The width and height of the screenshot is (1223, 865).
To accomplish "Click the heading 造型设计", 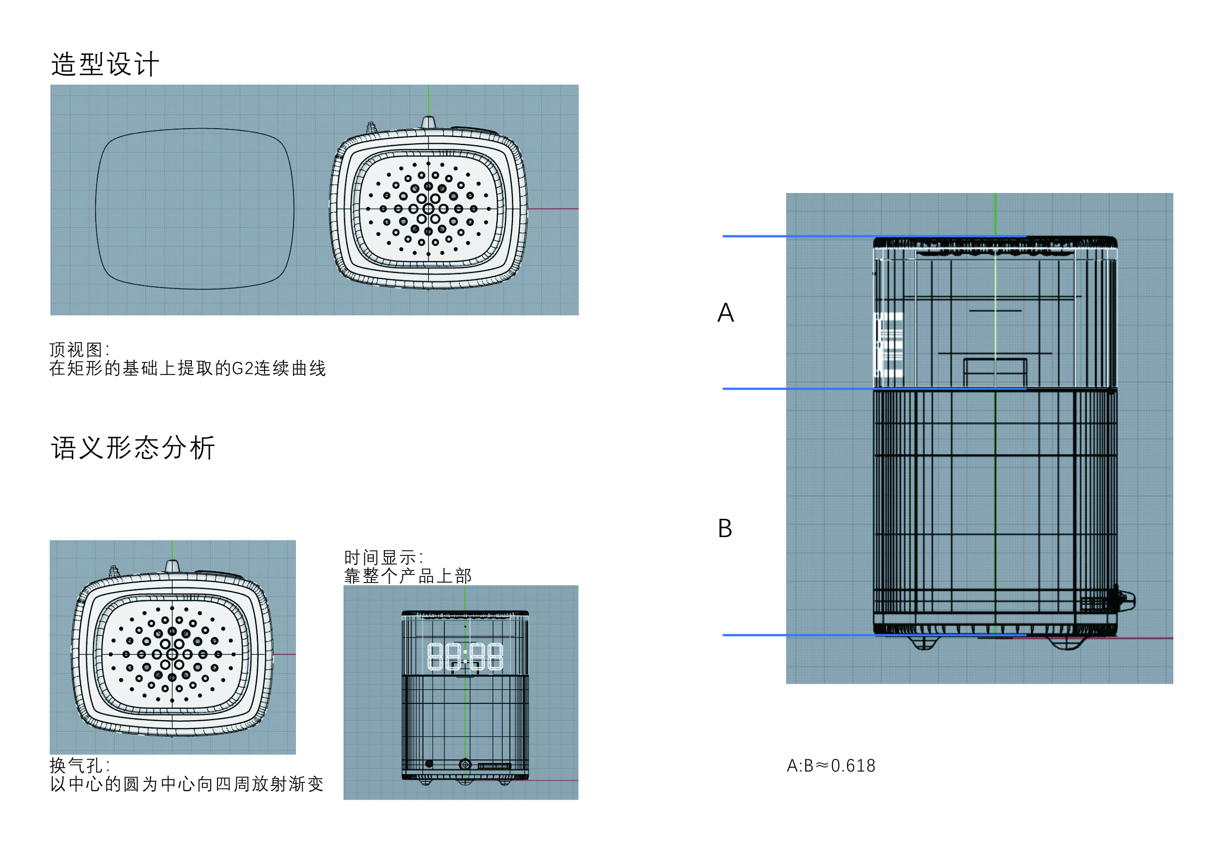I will tap(105, 64).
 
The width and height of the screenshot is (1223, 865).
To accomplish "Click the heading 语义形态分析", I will tap(133, 448).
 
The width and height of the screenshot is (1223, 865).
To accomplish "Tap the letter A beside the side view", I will tap(726, 313).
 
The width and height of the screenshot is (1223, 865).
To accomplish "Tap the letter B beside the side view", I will tap(725, 528).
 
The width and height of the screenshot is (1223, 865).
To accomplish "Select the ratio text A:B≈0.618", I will tap(831, 766).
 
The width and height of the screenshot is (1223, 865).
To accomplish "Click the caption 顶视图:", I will tap(79, 350).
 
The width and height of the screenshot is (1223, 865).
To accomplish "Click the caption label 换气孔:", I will tap(79, 766).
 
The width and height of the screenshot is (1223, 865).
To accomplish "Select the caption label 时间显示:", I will tap(383, 557).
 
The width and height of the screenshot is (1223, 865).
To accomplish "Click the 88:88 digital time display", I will tap(465, 656).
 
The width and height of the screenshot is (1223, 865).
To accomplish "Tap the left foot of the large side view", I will tap(924, 643).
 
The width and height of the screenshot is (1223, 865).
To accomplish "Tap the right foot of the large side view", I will tap(1068, 643).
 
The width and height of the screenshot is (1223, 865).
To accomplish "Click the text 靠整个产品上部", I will tap(407, 576).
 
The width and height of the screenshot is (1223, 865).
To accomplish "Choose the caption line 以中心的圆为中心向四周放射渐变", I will tap(187, 784).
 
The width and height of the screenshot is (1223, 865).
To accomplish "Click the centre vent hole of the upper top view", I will tap(428, 209).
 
